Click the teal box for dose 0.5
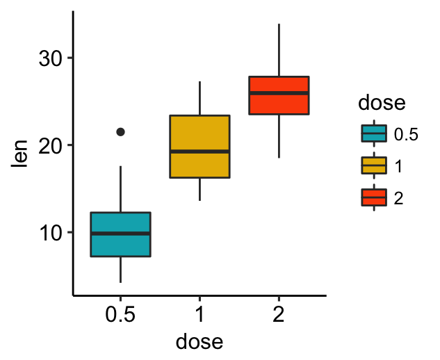click(x=121, y=234)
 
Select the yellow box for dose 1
click(x=199, y=147)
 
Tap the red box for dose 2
click(x=279, y=95)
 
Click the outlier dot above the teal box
click(x=121, y=131)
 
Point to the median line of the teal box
click(x=121, y=234)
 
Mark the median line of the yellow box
click(x=199, y=152)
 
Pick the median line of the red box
click(x=279, y=93)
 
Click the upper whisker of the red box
click(x=279, y=50)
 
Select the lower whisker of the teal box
click(x=121, y=270)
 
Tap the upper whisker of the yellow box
click(x=199, y=98)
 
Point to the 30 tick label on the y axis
click(x=50, y=58)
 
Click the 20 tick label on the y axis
click(x=50, y=146)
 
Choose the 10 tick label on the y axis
click(x=50, y=233)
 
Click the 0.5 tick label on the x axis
click(x=120, y=314)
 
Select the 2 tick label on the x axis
click(x=279, y=314)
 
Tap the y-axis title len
click(x=19, y=154)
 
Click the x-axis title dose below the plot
click(x=199, y=341)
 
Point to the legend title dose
click(x=382, y=102)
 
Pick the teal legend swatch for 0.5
click(x=374, y=133)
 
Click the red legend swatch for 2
click(x=374, y=197)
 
